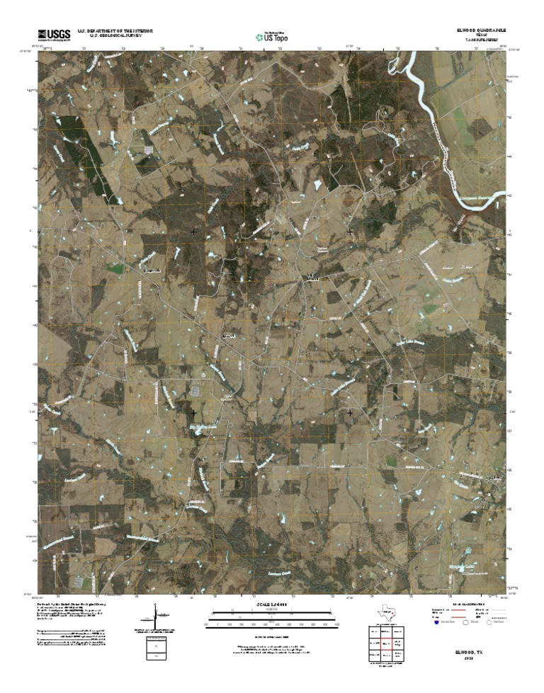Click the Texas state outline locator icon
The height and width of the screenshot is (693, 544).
387,612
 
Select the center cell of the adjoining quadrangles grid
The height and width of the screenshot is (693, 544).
387,644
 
